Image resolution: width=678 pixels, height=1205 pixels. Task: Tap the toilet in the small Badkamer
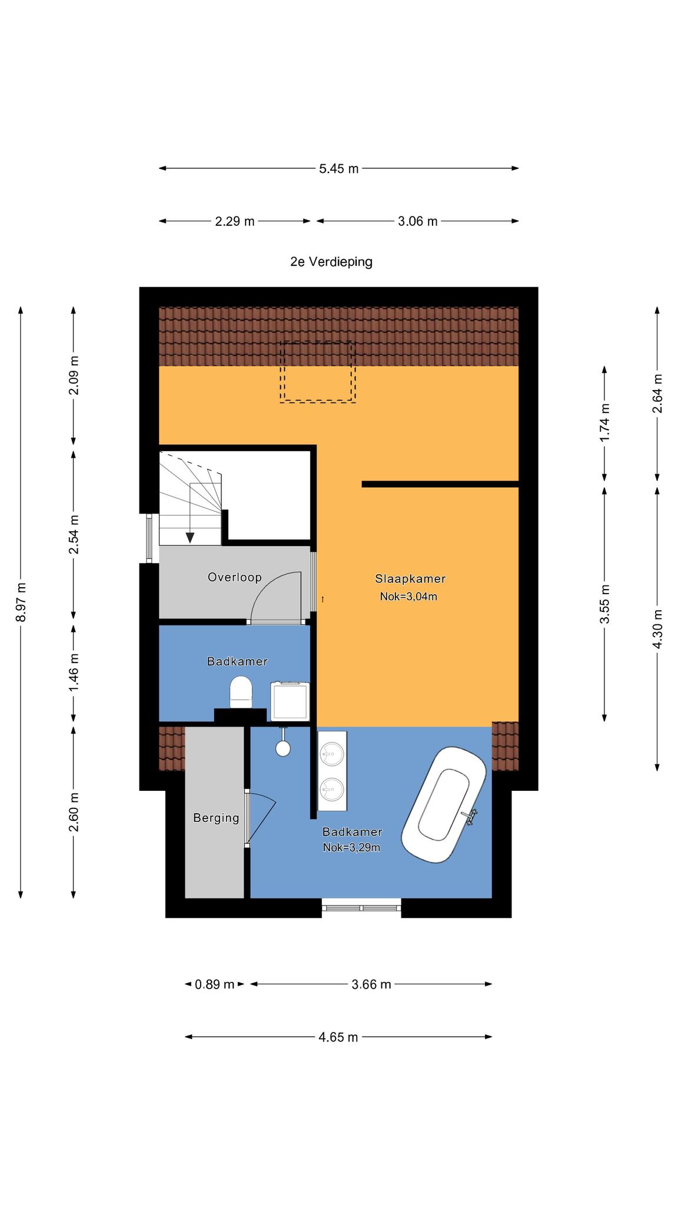[x=240, y=692]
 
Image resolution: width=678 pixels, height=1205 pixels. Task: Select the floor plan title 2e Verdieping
[x=331, y=262]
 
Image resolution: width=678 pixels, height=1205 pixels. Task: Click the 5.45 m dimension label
[x=338, y=169]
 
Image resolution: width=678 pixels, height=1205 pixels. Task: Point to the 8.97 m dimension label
[x=21, y=602]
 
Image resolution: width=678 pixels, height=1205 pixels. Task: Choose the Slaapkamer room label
[x=410, y=578]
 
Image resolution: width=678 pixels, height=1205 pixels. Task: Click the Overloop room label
[x=234, y=577]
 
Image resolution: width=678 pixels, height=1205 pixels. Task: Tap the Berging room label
[x=216, y=818]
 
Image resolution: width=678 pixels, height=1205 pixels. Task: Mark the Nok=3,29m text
[x=351, y=848]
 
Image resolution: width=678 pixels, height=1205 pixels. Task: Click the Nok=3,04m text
[x=408, y=597]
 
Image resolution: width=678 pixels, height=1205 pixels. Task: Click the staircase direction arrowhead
[x=190, y=537]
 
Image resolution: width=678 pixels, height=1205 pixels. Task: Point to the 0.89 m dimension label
[x=215, y=984]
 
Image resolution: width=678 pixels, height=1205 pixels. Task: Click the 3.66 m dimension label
[x=371, y=984]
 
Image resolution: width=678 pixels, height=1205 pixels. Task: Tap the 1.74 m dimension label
[x=604, y=422]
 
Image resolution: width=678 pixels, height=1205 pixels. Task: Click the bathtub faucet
[x=470, y=817]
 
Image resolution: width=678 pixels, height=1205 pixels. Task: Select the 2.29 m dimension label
[x=235, y=222]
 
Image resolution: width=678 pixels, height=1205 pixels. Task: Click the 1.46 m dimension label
[x=74, y=673]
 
